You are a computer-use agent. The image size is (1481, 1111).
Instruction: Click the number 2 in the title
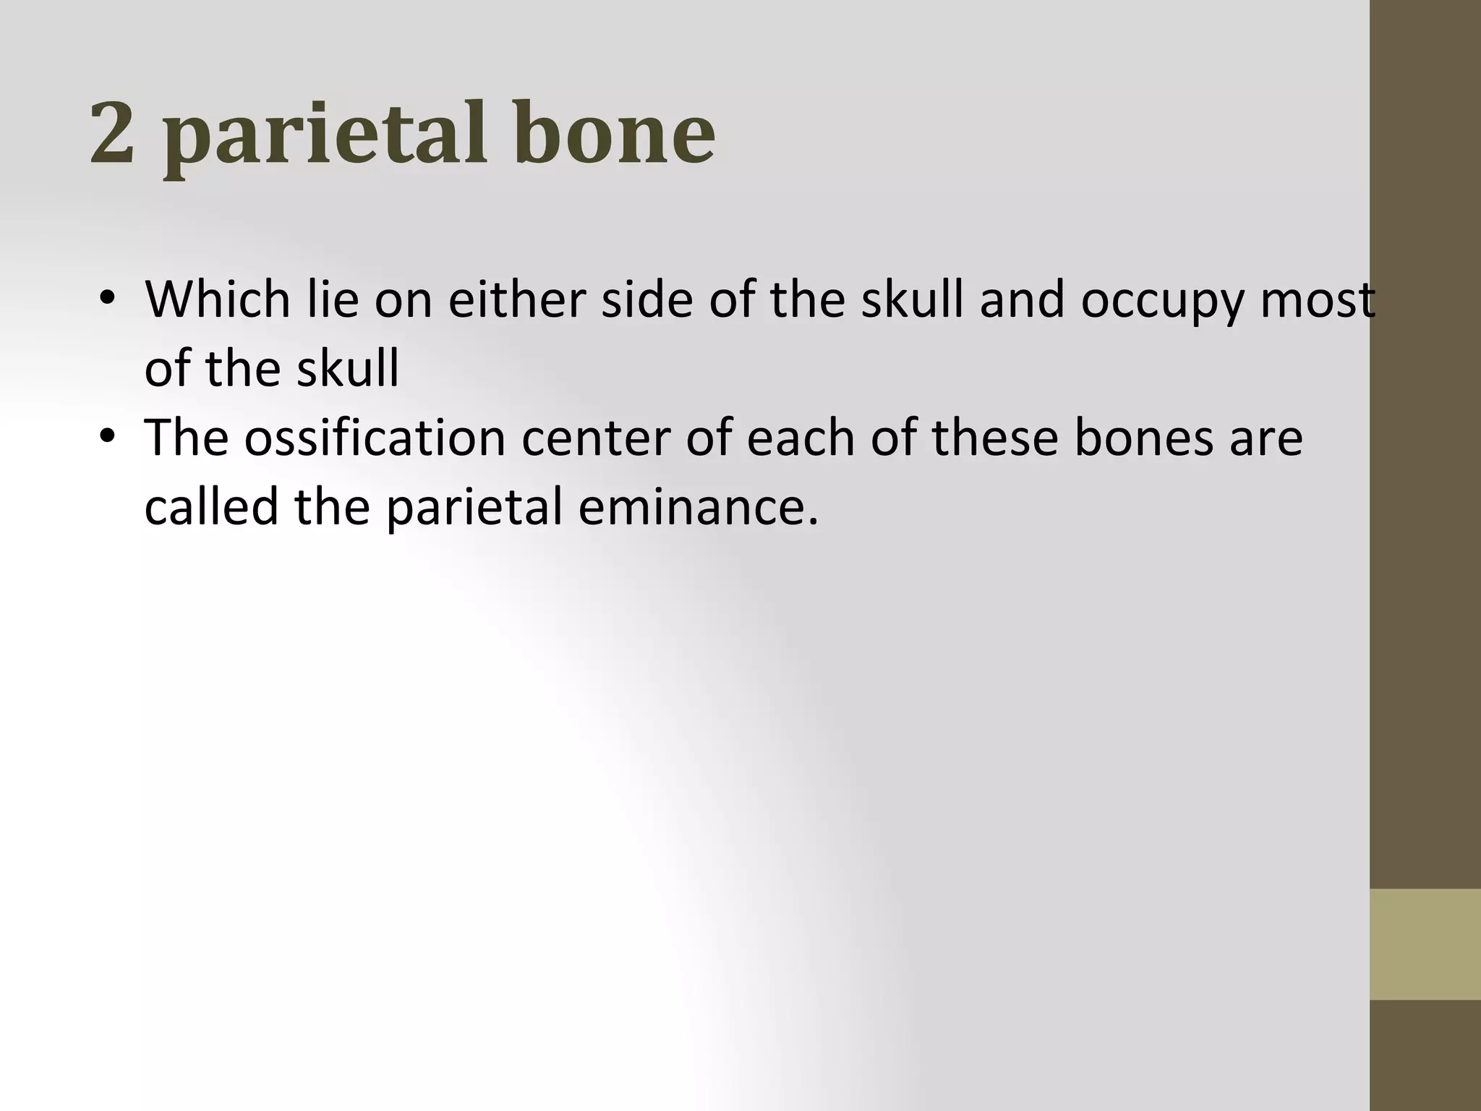point(113,133)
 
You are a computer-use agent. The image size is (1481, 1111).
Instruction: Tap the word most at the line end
point(1317,301)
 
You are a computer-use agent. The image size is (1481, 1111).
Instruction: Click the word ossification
point(375,438)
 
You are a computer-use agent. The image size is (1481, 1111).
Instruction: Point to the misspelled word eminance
point(698,506)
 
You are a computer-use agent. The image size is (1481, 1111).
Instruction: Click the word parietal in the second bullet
point(474,509)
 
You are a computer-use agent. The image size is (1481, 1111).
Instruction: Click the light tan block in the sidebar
point(1425,944)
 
